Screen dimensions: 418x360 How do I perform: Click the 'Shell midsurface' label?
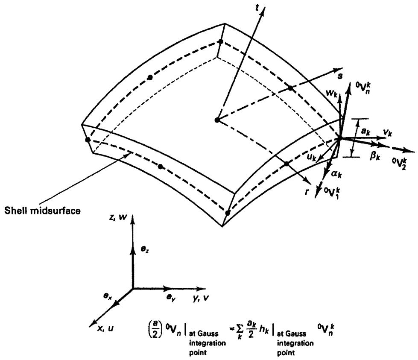(42, 211)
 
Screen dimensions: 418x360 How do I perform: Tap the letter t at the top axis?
(257, 8)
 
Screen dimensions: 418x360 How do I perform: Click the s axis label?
(340, 76)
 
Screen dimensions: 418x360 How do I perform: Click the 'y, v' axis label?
(201, 299)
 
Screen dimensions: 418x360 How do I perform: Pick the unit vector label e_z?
(144, 249)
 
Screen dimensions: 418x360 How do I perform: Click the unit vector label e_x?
(108, 296)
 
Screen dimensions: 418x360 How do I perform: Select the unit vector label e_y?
(171, 298)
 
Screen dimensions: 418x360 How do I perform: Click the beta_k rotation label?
(374, 156)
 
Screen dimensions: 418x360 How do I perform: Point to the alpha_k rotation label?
(336, 174)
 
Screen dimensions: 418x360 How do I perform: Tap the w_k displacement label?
(332, 93)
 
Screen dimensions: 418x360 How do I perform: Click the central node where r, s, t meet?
(217, 120)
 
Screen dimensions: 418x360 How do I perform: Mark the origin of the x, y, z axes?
(133, 288)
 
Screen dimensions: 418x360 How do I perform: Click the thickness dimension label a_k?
(366, 131)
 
